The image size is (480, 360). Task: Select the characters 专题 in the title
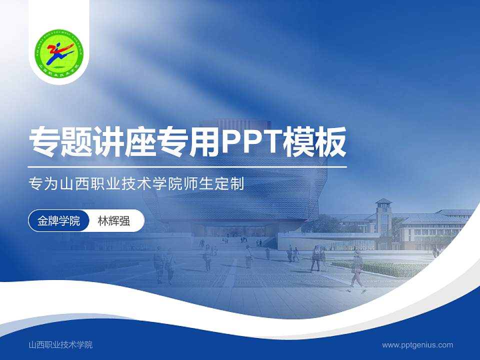pyautogui.click(x=61, y=141)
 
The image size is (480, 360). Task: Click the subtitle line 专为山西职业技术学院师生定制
pyautogui.click(x=136, y=183)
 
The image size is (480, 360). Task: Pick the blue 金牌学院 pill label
pyautogui.click(x=58, y=221)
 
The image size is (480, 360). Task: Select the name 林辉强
pyautogui.click(x=113, y=221)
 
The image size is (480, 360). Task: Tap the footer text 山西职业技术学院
pyautogui.click(x=60, y=344)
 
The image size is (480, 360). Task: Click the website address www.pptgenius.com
pyautogui.click(x=417, y=344)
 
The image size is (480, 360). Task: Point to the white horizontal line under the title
pyautogui.click(x=187, y=166)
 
